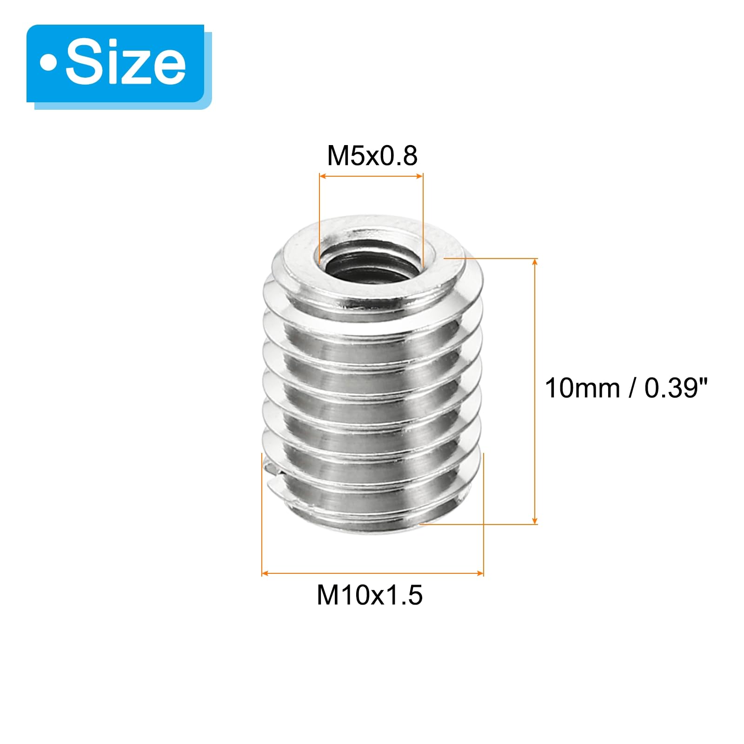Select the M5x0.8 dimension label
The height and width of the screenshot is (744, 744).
pos(372,156)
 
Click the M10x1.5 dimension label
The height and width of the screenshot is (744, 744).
pos(370,595)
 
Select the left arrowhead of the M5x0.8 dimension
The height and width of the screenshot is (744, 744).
pos(323,176)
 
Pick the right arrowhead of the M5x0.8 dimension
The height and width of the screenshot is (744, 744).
pos(419,176)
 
